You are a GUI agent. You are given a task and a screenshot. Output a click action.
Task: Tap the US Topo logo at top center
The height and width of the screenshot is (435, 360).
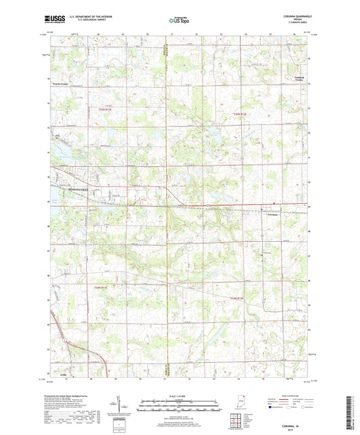pyautogui.click(x=180, y=22)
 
